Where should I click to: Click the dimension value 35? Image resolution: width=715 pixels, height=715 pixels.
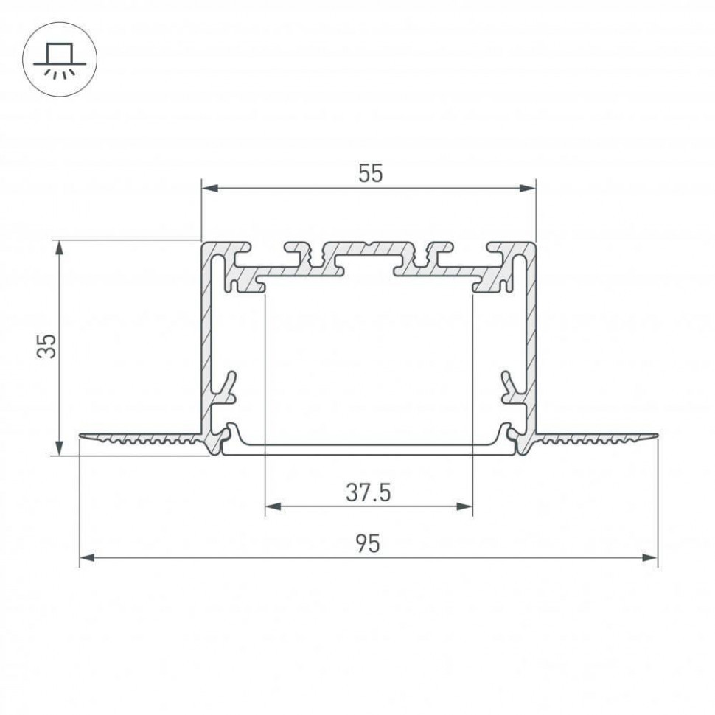[47, 346]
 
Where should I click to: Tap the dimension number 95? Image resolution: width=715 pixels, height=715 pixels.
[368, 544]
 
